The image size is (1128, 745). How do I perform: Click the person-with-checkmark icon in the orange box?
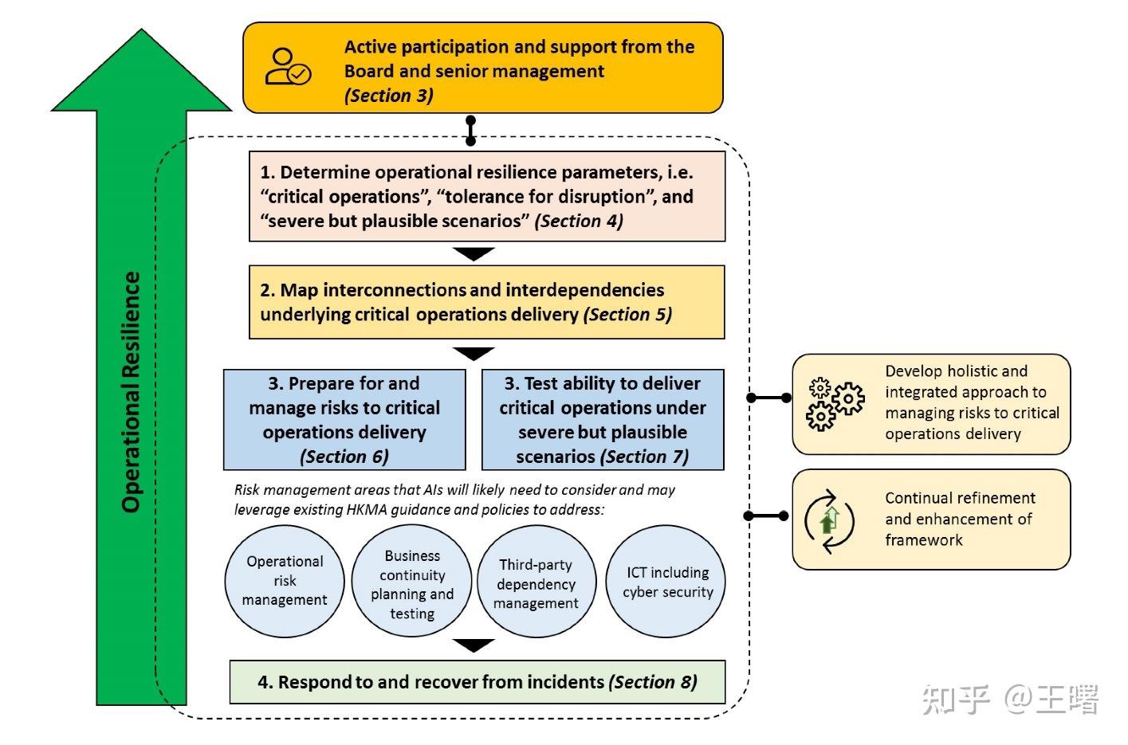tap(287, 67)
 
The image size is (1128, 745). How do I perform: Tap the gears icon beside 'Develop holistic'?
tap(835, 404)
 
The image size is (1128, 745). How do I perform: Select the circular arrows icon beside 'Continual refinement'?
tap(830, 521)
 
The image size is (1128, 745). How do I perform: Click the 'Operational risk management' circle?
tap(285, 581)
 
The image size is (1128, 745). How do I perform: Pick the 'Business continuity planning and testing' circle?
tap(412, 584)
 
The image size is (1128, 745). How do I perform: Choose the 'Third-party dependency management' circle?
tap(536, 584)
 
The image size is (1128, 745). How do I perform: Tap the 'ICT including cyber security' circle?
tap(667, 582)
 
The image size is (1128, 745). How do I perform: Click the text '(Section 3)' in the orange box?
tap(389, 96)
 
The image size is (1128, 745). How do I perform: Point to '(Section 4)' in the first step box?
tap(579, 221)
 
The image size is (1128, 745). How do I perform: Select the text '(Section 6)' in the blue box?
tap(344, 457)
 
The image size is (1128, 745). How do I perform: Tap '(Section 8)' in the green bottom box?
tap(653, 682)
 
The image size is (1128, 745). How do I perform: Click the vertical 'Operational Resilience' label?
tap(132, 391)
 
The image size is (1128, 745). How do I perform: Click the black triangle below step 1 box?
tap(474, 254)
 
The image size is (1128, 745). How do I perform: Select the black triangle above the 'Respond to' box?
tap(474, 645)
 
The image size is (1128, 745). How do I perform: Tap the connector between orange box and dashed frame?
tap(470, 131)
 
